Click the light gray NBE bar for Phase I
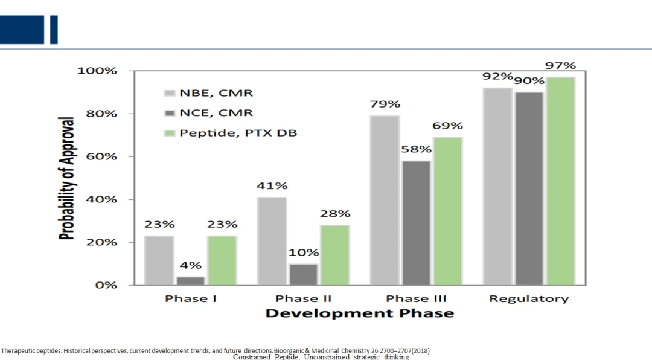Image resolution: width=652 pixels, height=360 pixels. tap(159, 260)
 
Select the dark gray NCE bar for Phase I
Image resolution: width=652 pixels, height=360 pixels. tap(191, 281)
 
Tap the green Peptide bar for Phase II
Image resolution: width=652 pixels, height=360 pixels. tap(334, 255)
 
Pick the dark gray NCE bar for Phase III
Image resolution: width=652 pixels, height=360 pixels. tap(416, 223)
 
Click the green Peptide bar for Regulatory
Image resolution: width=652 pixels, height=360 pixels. tap(560, 181)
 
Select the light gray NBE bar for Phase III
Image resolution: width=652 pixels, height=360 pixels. tap(385, 200)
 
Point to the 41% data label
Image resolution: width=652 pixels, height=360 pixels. tap(272, 185)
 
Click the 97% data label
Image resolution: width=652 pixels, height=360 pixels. tap(560, 65)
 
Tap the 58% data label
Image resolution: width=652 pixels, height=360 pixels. tap(416, 149)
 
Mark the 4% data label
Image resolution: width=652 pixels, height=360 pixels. tap(191, 265)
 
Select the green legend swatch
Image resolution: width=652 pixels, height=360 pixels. tap(170, 133)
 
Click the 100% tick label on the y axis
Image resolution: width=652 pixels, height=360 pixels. tap(97, 71)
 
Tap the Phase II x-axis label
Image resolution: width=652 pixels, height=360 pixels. tap(304, 298)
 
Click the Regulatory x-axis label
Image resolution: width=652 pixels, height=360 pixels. tap(529, 298)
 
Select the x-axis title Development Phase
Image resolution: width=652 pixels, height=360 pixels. tap(360, 313)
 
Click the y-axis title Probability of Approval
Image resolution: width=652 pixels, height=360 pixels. tap(66, 178)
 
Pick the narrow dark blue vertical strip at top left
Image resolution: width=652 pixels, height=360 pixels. tap(54, 30)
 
